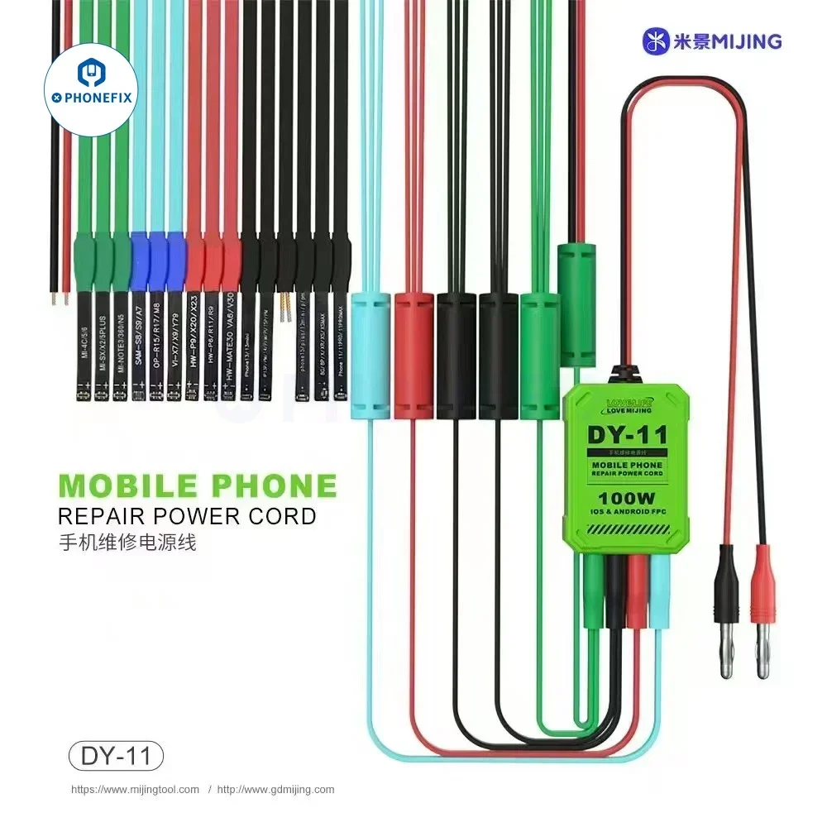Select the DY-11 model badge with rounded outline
[x=116, y=756]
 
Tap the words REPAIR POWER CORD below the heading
[x=187, y=517]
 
